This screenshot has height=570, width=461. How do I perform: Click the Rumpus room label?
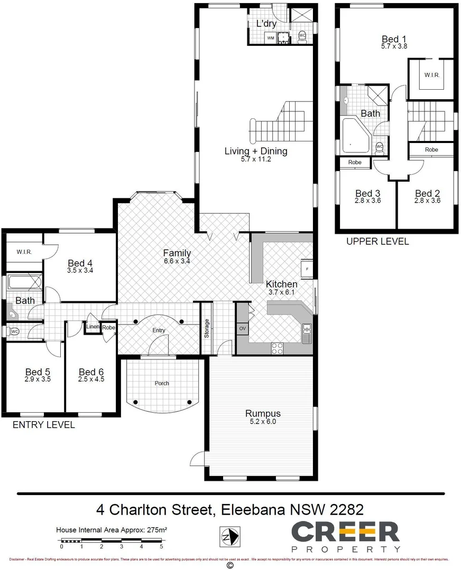[262, 414]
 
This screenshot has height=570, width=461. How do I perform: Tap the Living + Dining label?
[256, 151]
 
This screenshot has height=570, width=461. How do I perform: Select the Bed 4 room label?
[80, 263]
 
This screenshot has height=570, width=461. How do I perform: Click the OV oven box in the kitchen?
[243, 328]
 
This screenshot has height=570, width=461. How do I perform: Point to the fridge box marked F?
[307, 269]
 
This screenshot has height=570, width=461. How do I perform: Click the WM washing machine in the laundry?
[270, 38]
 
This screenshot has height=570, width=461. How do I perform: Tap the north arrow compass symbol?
[230, 537]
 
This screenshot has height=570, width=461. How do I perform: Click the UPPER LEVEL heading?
[377, 241]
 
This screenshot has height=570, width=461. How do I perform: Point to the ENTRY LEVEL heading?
[43, 424]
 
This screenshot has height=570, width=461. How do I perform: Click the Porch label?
[162, 383]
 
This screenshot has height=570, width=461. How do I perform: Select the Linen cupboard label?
[93, 327]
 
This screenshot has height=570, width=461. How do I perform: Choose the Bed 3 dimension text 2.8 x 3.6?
[367, 201]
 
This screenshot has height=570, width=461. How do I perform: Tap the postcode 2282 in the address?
[346, 510]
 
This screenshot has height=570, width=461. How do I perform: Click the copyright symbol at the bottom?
[229, 565]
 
